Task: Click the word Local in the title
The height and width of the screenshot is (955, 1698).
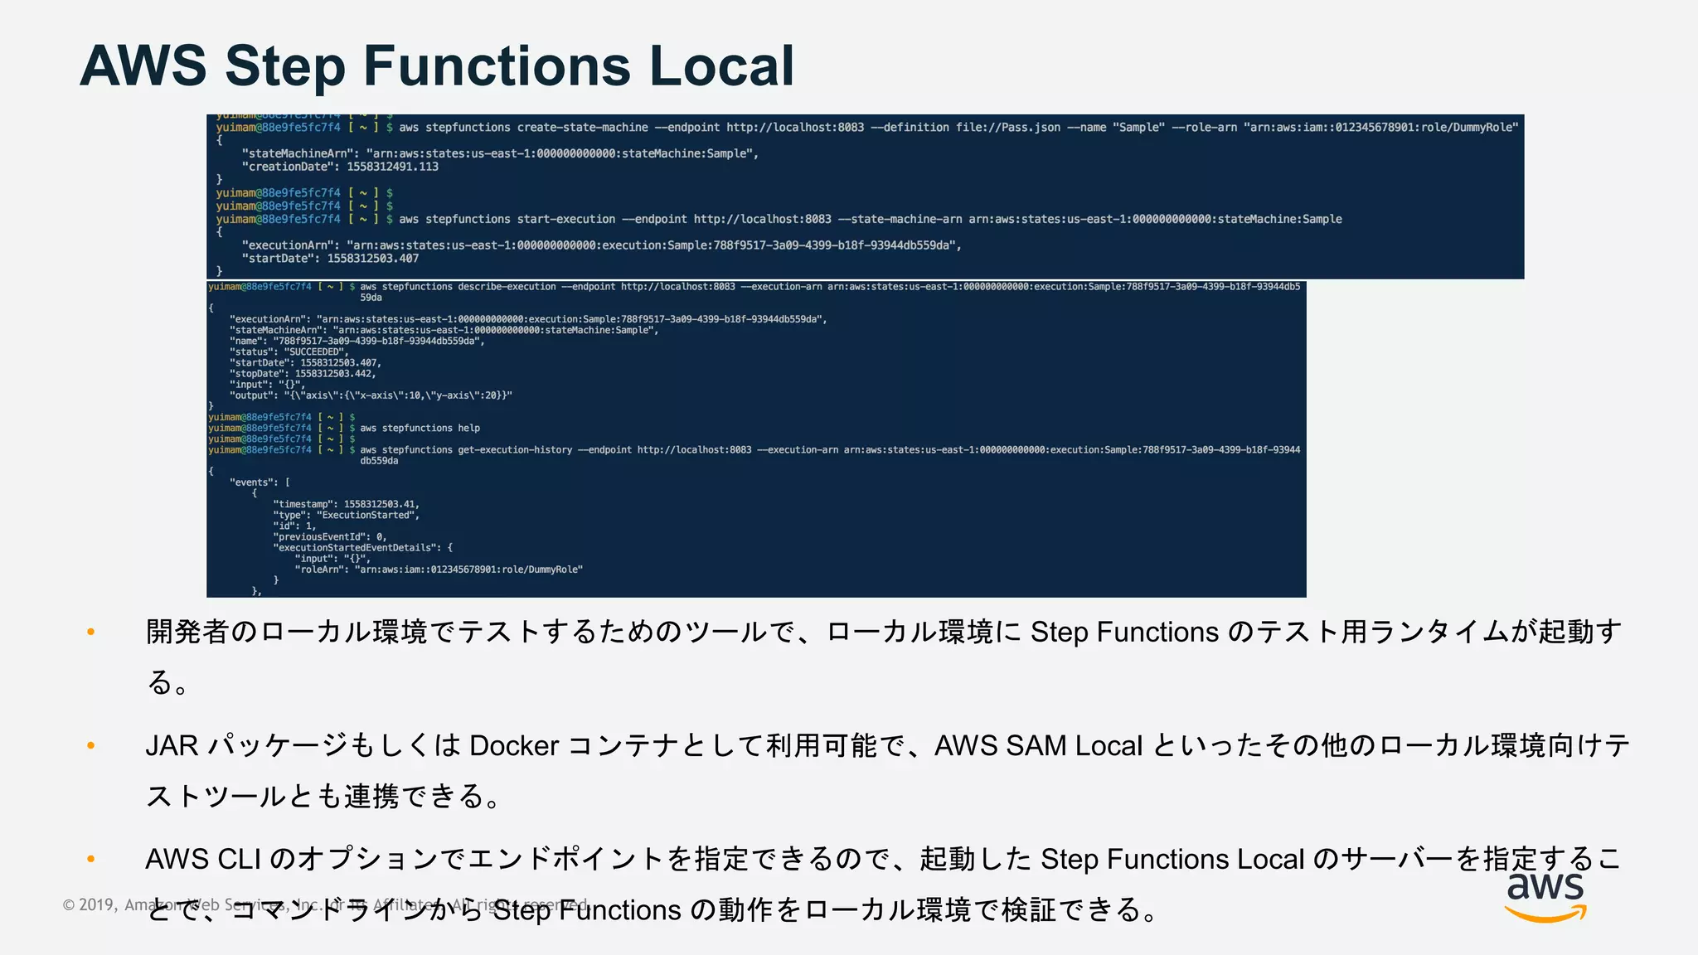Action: (x=721, y=66)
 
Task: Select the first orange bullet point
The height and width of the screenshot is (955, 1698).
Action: (x=91, y=633)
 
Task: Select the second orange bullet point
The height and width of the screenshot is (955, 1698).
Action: (x=91, y=746)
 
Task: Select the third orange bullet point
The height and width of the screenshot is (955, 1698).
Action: (x=91, y=860)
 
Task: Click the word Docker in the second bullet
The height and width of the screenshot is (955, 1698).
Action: (x=514, y=746)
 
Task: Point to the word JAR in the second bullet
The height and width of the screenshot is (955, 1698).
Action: (x=172, y=746)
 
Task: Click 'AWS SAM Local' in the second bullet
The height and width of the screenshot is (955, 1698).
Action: (x=1038, y=746)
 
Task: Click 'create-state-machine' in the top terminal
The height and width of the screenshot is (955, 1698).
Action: (x=583, y=128)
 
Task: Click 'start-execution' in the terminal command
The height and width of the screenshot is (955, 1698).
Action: (x=566, y=220)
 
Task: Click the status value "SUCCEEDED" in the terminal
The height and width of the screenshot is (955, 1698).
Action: (x=316, y=352)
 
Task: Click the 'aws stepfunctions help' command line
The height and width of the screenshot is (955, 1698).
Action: (x=420, y=429)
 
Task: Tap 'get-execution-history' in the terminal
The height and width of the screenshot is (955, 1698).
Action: (x=515, y=450)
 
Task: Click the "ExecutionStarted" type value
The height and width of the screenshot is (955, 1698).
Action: (x=366, y=516)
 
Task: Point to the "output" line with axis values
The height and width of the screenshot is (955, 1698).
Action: (x=371, y=396)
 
